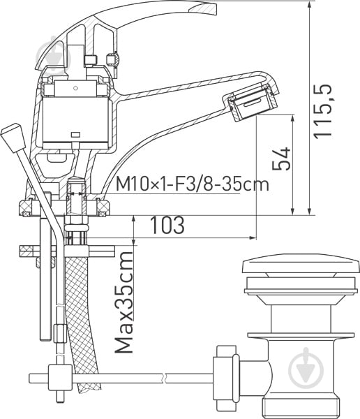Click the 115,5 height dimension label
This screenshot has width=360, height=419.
[322, 112]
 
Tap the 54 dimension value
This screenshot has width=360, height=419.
[281, 159]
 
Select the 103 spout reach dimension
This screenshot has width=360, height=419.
[167, 225]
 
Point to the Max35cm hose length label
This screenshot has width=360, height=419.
[124, 302]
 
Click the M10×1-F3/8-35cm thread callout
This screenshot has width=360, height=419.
[193, 184]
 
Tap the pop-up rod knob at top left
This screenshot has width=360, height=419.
[13, 137]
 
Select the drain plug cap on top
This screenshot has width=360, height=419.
[299, 263]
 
